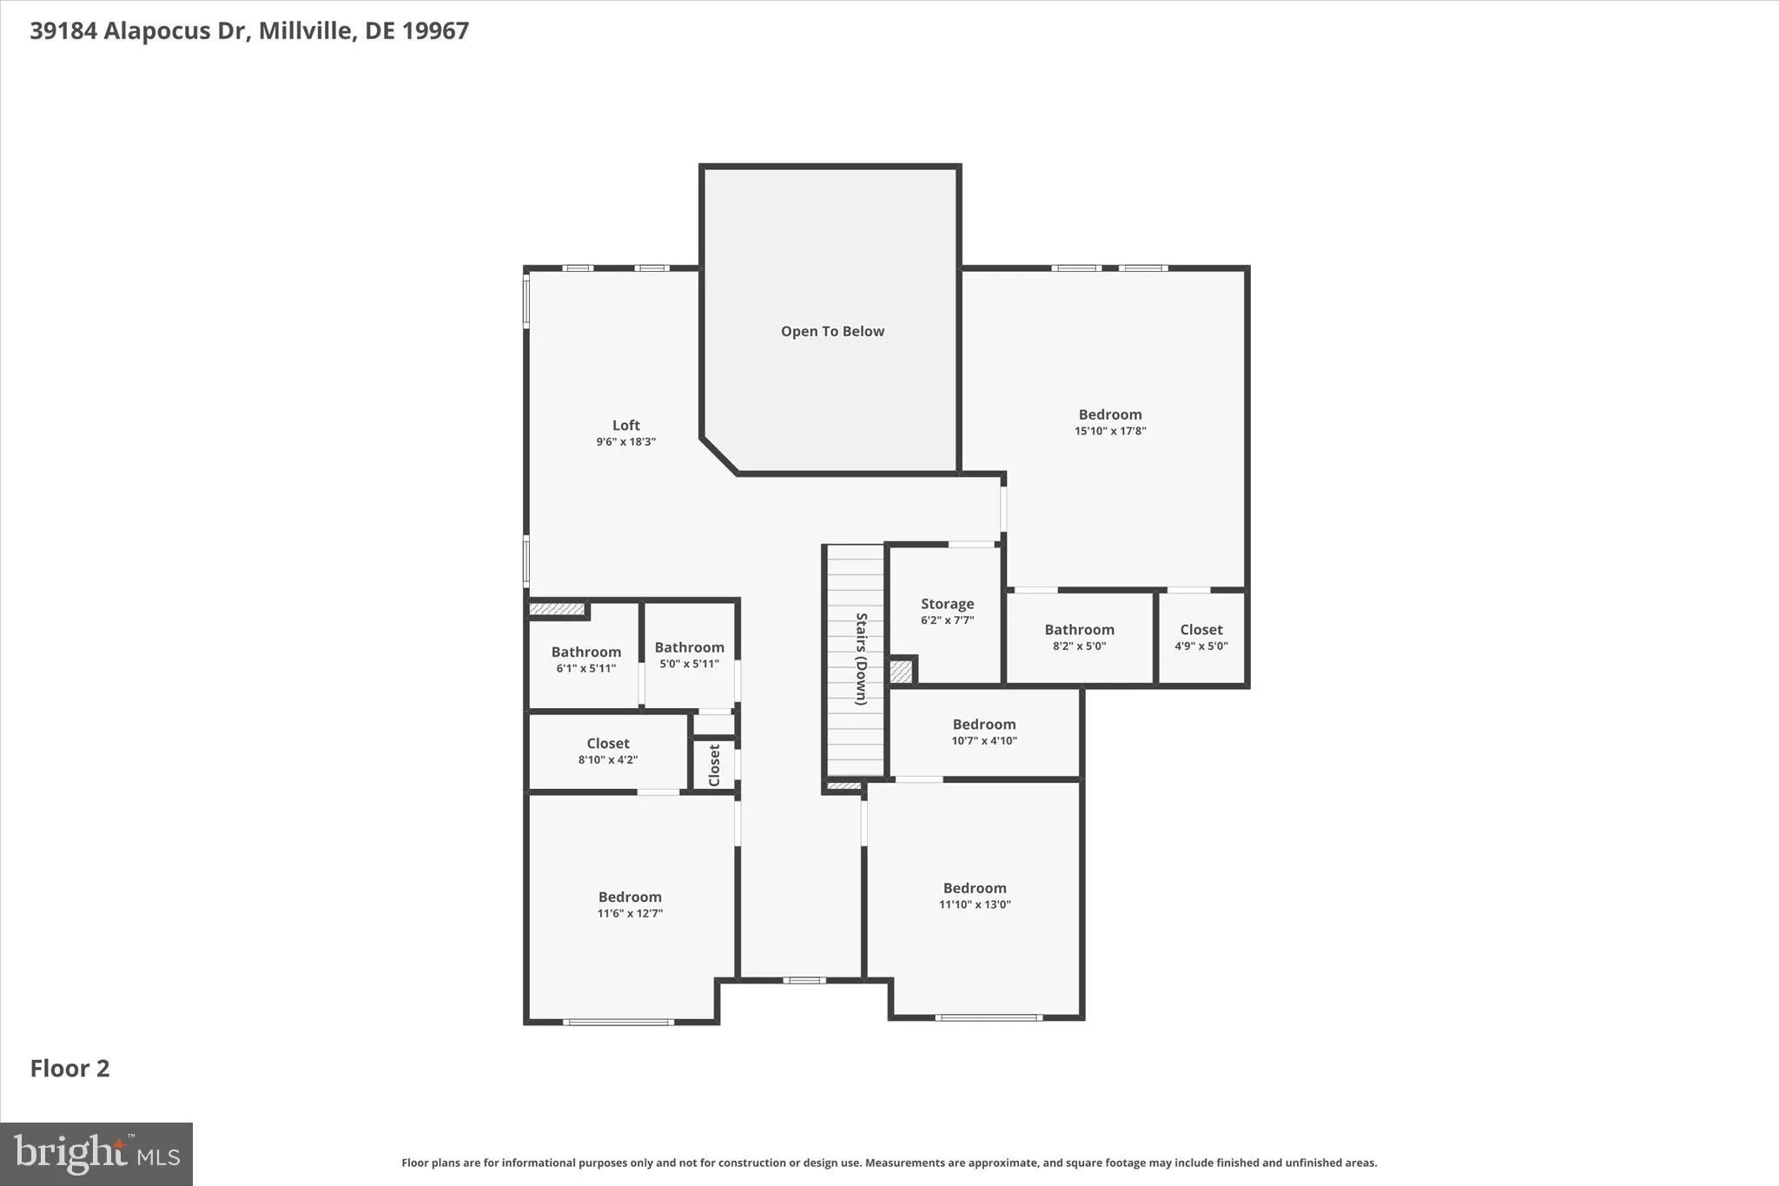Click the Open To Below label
[831, 331]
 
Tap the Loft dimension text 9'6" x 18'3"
[625, 441]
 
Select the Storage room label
[947, 604]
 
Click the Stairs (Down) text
[861, 659]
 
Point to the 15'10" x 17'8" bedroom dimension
[1109, 431]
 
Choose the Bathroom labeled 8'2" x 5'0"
[1079, 630]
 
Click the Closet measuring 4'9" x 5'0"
[1200, 630]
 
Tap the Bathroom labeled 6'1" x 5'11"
[585, 653]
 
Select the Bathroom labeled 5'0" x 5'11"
[689, 647]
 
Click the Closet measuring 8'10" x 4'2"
[607, 744]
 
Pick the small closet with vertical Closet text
[714, 765]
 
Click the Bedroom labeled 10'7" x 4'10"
[983, 725]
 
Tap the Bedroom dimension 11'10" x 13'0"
[975, 904]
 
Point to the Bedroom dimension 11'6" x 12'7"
[630, 913]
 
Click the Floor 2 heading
[69, 1069]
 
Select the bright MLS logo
[96, 1154]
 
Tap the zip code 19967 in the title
[435, 30]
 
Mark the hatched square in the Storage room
[902, 672]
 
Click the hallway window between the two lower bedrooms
[804, 980]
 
